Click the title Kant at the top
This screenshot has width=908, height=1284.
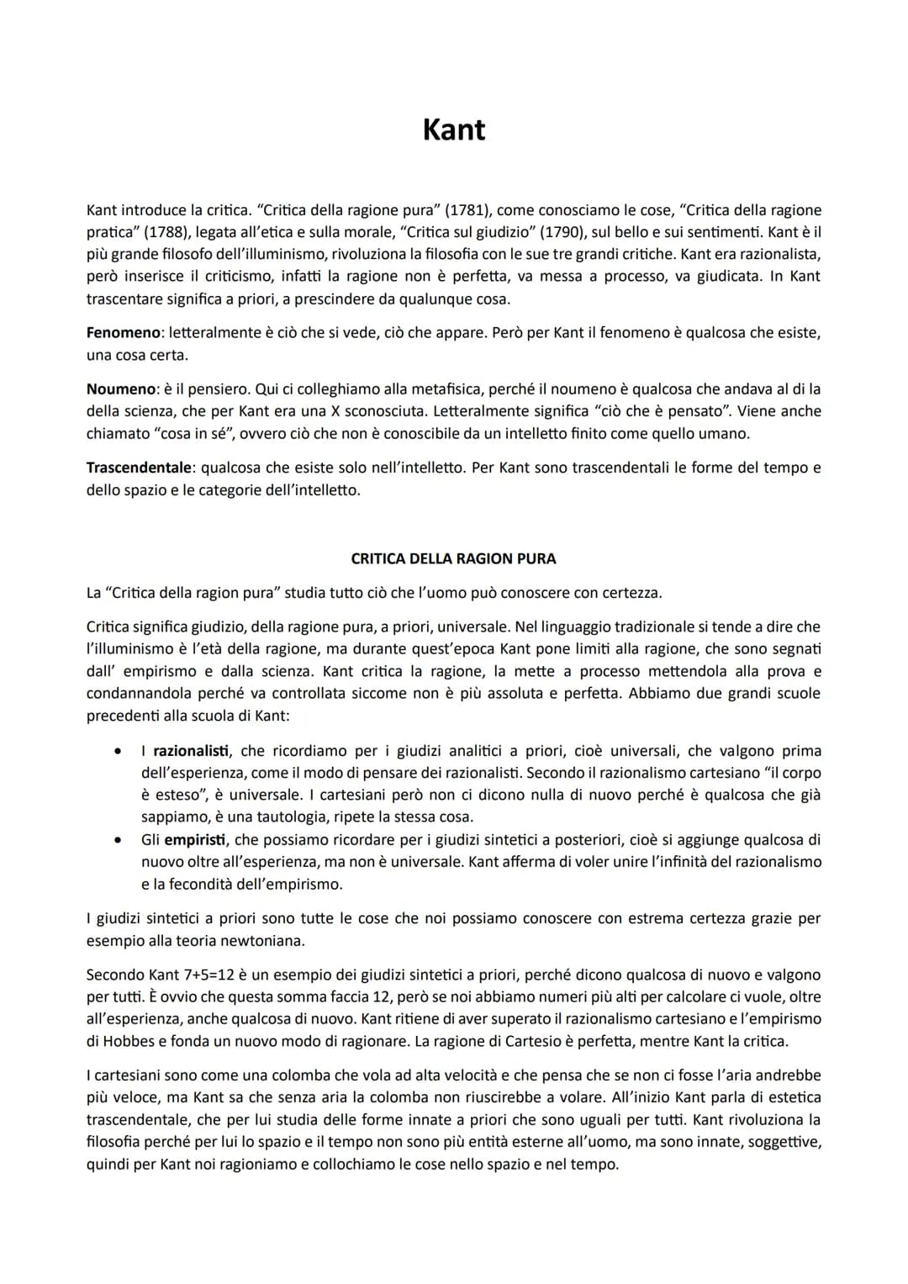coord(453,129)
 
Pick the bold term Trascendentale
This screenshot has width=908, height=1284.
coord(138,468)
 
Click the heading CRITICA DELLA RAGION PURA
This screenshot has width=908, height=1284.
coord(453,558)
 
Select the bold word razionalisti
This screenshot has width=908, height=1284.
coord(191,751)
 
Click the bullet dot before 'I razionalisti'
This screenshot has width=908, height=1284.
coord(122,751)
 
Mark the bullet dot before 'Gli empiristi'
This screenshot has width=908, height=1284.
coord(122,839)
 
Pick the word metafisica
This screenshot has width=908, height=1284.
coord(468,388)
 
